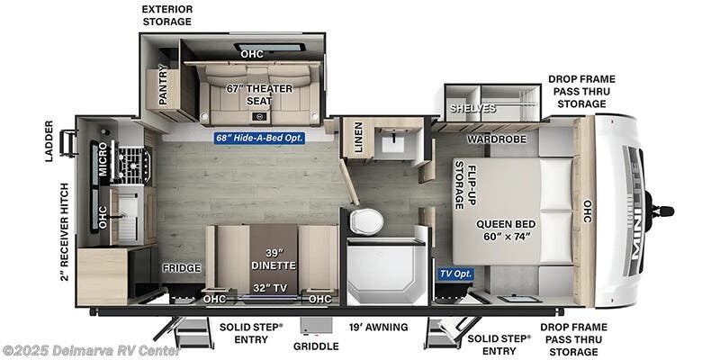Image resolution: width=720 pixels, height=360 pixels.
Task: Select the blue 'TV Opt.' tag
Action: coord(456,273)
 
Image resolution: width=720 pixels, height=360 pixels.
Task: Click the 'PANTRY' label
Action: coord(163,85)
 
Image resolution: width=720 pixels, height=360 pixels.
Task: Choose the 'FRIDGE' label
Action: coord(181,268)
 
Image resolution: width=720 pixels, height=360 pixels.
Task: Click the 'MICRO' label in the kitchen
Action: coord(103,159)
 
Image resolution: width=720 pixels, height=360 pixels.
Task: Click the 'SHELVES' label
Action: coord(473,109)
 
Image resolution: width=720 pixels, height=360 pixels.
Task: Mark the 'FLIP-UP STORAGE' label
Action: coord(464,184)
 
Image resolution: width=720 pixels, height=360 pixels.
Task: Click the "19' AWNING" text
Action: coord(378,327)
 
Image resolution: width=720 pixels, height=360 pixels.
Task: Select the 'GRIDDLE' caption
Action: coord(316,346)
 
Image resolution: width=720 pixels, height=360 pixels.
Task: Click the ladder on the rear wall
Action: coord(67,142)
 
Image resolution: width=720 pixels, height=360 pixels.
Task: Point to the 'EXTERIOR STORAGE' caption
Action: coord(167,14)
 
